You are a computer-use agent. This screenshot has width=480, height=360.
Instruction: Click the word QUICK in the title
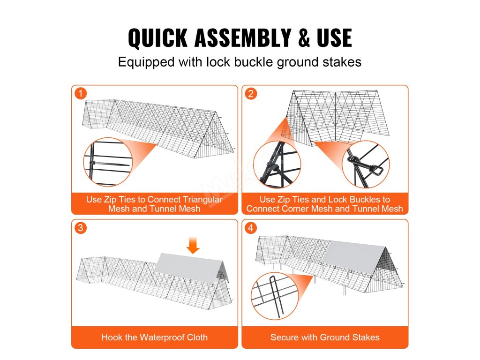click(x=157, y=37)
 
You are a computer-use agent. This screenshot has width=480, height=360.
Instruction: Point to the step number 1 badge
click(x=81, y=93)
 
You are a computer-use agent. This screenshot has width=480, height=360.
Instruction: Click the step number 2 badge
click(x=251, y=93)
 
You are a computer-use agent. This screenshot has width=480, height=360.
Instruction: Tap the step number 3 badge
click(x=81, y=228)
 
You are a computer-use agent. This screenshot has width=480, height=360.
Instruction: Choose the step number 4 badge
click(x=251, y=228)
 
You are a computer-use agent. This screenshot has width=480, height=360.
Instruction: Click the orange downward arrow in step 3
click(x=193, y=245)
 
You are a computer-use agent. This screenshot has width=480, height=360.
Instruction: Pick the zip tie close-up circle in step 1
click(x=108, y=162)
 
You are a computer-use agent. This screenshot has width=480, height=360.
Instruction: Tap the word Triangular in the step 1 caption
click(x=202, y=200)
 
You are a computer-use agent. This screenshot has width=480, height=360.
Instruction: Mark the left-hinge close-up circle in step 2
click(x=277, y=165)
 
